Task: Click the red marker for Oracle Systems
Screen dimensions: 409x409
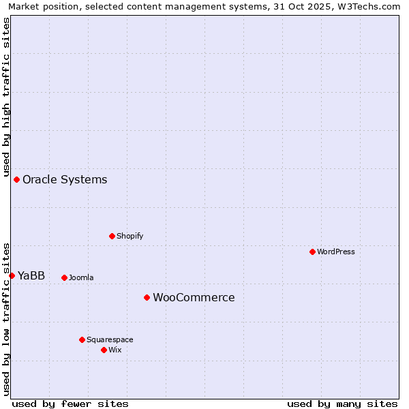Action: [16, 179]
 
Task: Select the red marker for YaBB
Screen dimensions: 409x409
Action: [12, 275]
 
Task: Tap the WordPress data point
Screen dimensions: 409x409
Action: [312, 252]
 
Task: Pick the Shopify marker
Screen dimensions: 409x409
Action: [112, 236]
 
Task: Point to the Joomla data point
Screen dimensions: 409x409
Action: [64, 277]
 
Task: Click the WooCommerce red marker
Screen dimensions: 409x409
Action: [147, 297]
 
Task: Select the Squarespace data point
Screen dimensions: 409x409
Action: [82, 339]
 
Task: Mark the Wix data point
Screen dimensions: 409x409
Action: [104, 350]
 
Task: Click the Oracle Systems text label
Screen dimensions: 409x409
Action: [65, 180]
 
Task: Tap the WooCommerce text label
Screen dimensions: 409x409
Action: [194, 298]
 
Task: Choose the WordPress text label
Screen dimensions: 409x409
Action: [336, 252]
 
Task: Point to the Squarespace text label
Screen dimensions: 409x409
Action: [110, 340]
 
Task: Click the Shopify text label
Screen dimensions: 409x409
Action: [130, 237]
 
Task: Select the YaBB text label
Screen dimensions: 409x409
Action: [31, 276]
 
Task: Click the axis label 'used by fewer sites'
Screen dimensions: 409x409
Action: [70, 404]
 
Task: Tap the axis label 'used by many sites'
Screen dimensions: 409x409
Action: [342, 404]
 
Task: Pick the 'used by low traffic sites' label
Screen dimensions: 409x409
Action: [7, 319]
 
